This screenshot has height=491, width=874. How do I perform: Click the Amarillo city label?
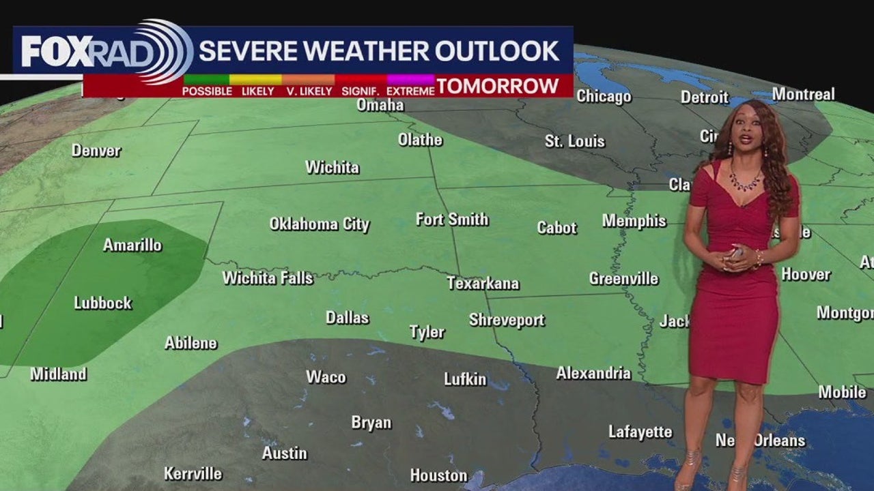pyautogui.click(x=132, y=245)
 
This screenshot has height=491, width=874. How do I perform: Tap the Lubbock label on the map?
pyautogui.click(x=103, y=303)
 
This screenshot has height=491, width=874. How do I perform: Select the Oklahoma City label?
pyautogui.click(x=320, y=224)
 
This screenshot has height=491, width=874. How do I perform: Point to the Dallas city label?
pyautogui.click(x=347, y=318)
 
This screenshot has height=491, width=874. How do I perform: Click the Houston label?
pyautogui.click(x=438, y=475)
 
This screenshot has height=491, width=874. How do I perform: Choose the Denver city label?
pyautogui.click(x=96, y=150)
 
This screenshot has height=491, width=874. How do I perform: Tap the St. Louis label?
pyautogui.click(x=575, y=141)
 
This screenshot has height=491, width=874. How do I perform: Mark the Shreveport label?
pyautogui.click(x=507, y=320)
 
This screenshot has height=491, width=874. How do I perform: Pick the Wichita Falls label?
pyautogui.click(x=268, y=278)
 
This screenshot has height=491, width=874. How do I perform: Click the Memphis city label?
pyautogui.click(x=634, y=221)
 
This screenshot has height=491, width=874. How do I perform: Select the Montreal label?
pyautogui.click(x=803, y=94)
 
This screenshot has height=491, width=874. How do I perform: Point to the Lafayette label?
pyautogui.click(x=640, y=432)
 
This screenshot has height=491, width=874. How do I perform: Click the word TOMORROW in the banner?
pyautogui.click(x=498, y=87)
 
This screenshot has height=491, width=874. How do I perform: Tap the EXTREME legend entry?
pyautogui.click(x=410, y=91)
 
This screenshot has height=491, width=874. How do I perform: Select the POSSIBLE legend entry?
pyautogui.click(x=207, y=91)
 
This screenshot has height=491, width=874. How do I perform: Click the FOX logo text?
pyautogui.click(x=52, y=52)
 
